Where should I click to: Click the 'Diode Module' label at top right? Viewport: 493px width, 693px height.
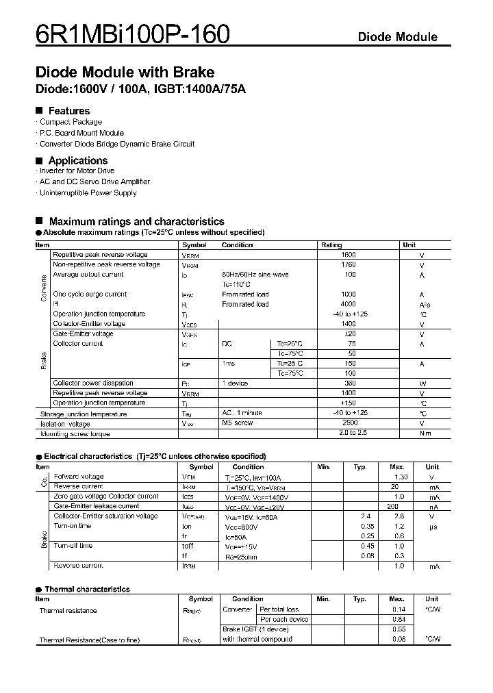397,37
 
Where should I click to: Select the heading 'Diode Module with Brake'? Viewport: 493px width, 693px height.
125,73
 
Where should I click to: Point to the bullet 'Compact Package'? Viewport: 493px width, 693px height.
71,122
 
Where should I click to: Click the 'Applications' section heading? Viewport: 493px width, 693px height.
78,161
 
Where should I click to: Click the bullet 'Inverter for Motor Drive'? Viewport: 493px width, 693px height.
77,171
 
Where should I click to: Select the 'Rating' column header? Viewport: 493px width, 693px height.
331,245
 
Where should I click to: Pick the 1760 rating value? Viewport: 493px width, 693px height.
349,264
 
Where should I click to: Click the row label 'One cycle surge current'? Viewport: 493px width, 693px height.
90,294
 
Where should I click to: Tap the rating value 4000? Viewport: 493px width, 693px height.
348,304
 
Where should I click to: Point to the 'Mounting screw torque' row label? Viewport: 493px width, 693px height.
75,434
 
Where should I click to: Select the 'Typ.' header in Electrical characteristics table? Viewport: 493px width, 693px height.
360,467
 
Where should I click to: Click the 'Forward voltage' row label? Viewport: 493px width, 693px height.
79,477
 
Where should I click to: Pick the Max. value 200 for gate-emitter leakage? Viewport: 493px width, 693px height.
393,506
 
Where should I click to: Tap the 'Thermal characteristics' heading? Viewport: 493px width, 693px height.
87,590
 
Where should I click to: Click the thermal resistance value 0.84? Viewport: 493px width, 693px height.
399,620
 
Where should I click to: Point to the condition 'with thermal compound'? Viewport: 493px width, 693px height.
257,640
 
